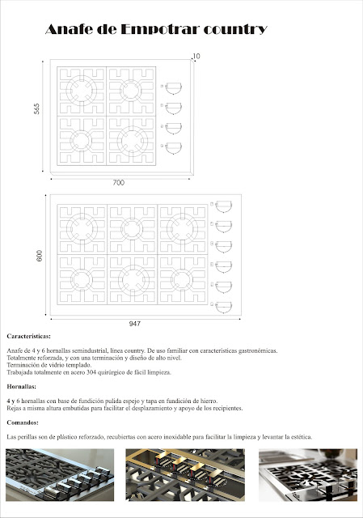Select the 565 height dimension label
(36, 109)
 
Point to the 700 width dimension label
(119, 184)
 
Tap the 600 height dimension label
(37, 254)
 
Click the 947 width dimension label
(134, 324)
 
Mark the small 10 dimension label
(196, 56)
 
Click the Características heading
(29, 335)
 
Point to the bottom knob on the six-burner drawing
(222, 305)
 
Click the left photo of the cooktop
(61, 482)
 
